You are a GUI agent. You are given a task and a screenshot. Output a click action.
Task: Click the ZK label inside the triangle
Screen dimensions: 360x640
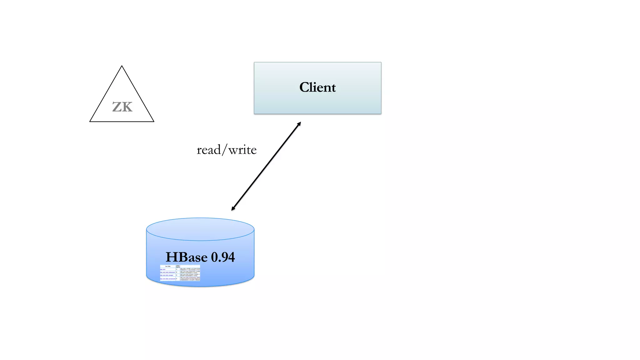click(122, 107)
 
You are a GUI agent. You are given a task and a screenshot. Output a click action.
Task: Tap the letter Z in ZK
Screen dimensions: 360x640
click(117, 107)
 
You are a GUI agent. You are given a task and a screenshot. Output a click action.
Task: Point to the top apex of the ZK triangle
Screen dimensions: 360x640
click(122, 66)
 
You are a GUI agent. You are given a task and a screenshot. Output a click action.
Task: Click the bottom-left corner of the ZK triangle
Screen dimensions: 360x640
click(90, 121)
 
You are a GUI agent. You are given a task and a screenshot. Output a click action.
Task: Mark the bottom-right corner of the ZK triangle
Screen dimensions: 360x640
click(153, 121)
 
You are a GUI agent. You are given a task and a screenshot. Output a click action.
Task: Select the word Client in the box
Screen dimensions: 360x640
click(317, 87)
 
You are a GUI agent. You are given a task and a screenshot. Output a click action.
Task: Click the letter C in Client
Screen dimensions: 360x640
click(305, 87)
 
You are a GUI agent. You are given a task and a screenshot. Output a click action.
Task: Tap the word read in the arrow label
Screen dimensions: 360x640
click(208, 150)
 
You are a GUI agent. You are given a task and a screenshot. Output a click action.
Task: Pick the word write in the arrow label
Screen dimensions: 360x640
click(242, 150)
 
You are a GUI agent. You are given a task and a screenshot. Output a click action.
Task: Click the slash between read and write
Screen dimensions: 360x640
click(224, 150)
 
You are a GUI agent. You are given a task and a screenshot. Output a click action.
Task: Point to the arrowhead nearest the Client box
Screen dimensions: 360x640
click(299, 124)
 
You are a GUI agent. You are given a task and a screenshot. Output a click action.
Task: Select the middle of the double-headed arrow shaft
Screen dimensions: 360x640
click(266, 166)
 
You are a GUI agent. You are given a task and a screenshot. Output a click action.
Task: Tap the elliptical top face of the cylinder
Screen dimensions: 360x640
click(200, 229)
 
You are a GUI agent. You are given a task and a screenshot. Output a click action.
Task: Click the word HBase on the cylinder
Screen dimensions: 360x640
click(187, 257)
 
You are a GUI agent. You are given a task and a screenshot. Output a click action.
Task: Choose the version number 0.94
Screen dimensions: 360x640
click(223, 257)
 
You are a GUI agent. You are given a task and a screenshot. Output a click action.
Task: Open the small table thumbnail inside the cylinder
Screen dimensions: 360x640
click(180, 273)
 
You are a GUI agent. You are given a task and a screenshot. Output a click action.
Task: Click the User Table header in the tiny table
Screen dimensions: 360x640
click(168, 267)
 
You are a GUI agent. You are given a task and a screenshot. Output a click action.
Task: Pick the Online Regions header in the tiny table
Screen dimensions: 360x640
click(178, 267)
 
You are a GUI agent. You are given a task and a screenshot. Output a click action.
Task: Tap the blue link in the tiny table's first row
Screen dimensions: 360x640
click(163, 269)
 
